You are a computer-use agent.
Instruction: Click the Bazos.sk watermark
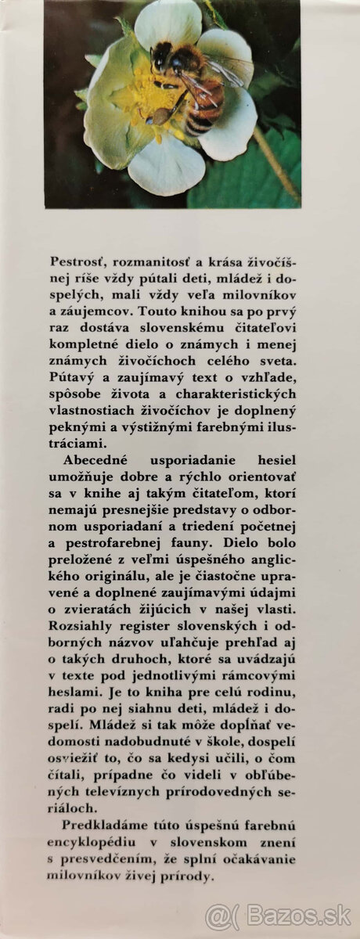(279, 915)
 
